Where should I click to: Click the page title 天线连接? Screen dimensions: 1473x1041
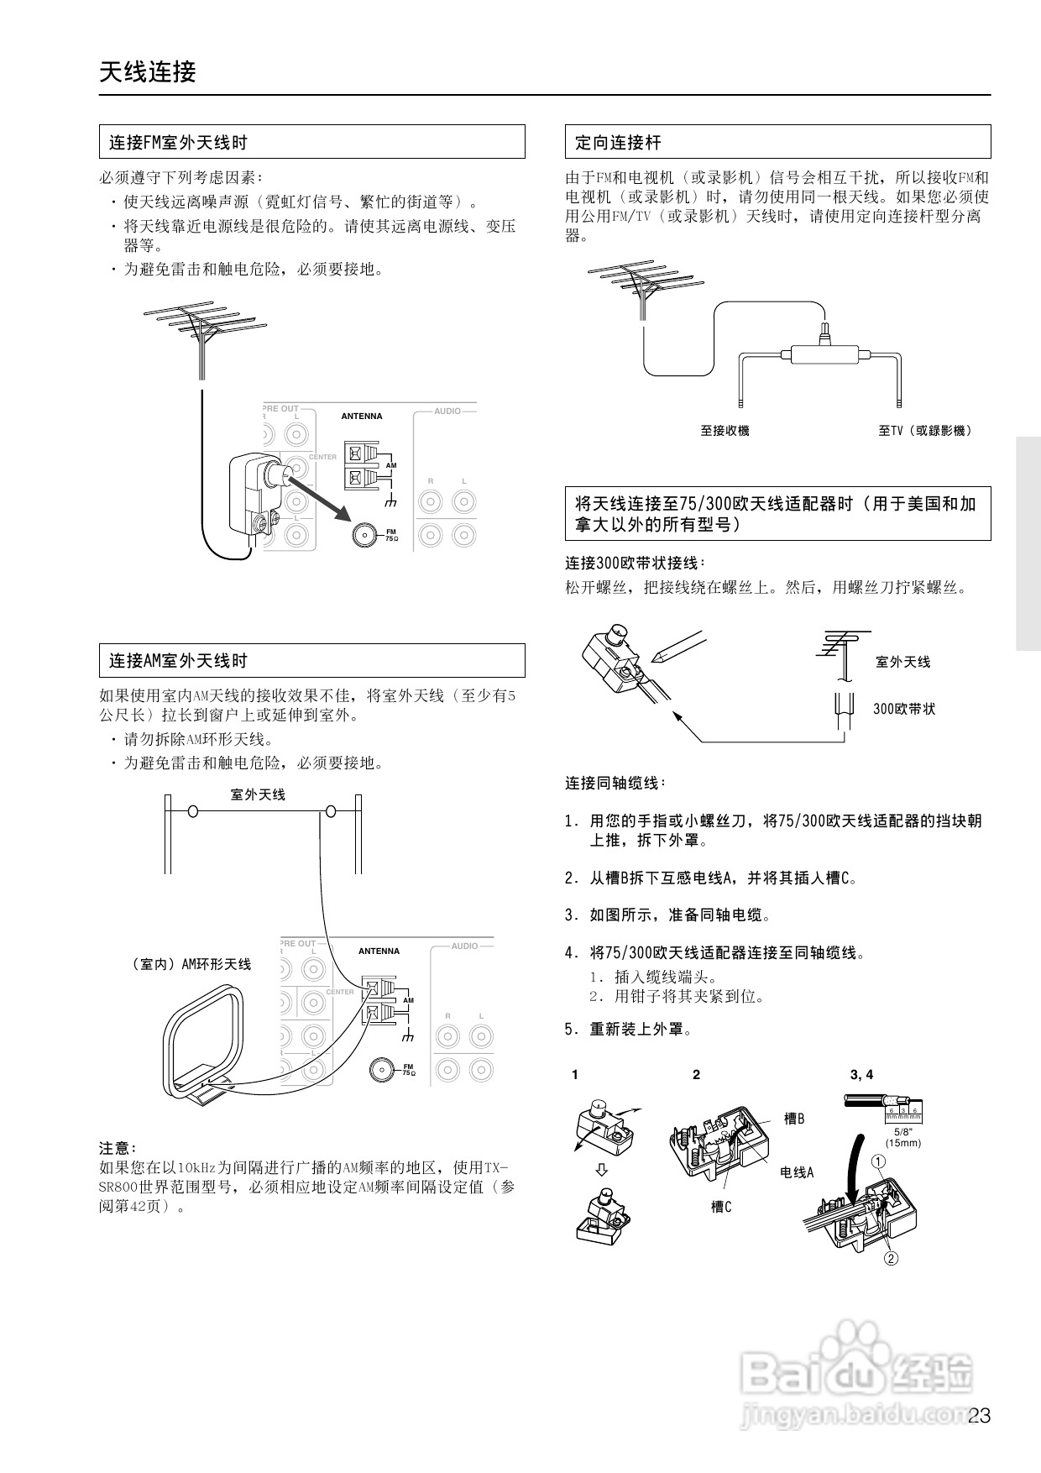[147, 72]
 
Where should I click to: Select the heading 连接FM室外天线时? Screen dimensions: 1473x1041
[178, 143]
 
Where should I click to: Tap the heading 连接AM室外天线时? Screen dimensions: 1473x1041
[178, 661]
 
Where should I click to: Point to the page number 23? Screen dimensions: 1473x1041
[979, 1417]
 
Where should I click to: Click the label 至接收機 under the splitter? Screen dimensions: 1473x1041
[725, 431]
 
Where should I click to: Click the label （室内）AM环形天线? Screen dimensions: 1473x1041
[191, 964]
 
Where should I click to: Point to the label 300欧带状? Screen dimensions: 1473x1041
[903, 709]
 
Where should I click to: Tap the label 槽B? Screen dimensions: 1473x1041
[793, 1119]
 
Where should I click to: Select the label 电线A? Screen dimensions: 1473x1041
[797, 1172]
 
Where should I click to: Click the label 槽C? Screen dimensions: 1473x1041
[721, 1207]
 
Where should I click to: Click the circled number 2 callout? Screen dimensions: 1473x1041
[891, 1258]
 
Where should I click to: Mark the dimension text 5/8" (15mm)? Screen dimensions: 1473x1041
[902, 1137]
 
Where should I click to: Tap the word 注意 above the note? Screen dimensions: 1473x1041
[118, 1148]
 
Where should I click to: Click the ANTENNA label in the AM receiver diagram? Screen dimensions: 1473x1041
[379, 951]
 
